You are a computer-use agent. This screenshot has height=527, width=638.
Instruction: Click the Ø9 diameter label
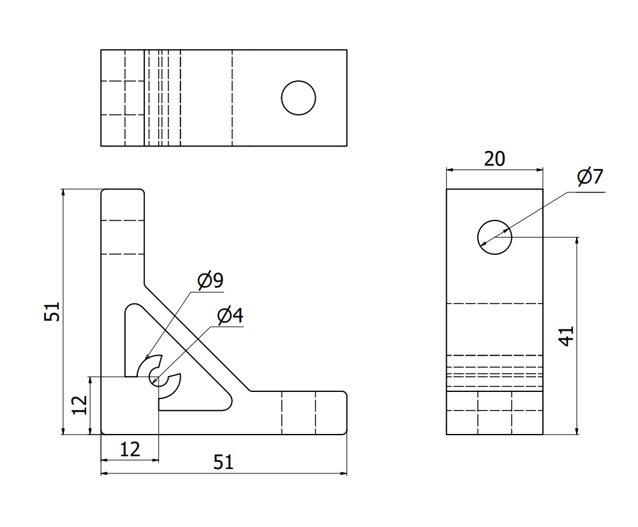point(210,280)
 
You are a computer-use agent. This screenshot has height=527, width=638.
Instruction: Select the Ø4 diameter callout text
point(230,315)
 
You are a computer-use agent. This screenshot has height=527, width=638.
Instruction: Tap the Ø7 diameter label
point(590,177)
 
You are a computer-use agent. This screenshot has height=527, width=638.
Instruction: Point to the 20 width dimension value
point(494,159)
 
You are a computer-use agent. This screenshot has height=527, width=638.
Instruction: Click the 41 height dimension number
point(566,336)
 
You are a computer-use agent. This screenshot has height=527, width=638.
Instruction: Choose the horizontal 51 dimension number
point(223,463)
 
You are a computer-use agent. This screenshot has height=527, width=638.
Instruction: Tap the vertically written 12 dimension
point(79,405)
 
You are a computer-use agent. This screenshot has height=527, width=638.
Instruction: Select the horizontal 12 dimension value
point(130,450)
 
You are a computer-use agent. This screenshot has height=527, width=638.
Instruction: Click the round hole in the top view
point(299,98)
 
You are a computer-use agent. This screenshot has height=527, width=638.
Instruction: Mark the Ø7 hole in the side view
point(494,237)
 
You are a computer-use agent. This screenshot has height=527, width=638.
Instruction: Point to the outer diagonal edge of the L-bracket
point(198,338)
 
